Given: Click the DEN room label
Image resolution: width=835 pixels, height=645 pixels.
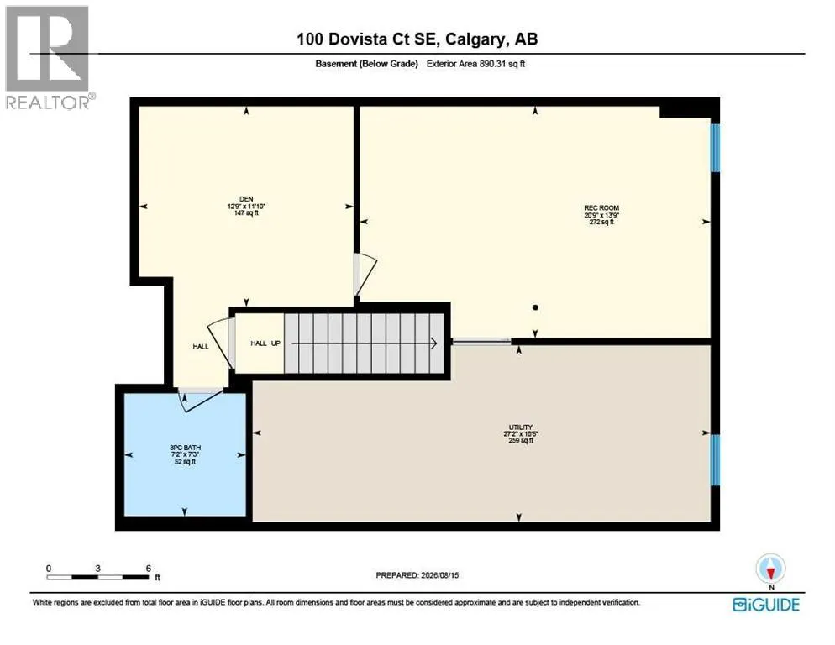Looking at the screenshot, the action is point(246,199).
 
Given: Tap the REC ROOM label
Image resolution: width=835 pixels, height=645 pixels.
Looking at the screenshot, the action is point(601,208).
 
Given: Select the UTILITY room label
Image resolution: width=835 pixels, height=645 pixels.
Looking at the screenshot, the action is point(520,427).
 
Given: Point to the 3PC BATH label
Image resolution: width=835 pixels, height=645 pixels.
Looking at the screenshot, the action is point(186,448).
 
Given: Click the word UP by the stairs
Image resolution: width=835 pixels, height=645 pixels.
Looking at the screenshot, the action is point(276,343).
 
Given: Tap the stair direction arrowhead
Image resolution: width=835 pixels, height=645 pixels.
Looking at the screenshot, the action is point(433,343).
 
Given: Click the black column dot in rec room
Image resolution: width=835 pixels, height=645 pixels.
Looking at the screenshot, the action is point(535,307).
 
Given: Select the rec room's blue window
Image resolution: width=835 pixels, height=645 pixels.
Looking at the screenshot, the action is point(715,148).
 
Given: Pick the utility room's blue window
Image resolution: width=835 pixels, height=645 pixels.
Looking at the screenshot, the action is point(715,459).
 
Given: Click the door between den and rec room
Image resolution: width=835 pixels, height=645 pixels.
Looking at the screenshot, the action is point(365,275).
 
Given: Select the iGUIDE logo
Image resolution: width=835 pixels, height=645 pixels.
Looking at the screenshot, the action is point(766,605).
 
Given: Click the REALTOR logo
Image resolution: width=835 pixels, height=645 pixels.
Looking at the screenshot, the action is point(49,57).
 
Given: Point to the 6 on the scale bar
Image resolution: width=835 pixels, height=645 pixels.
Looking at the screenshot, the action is point(148,569).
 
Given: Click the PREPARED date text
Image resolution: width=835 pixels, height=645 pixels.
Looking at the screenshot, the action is point(417,575).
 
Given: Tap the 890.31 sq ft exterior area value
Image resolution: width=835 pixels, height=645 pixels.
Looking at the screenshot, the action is point(502,63).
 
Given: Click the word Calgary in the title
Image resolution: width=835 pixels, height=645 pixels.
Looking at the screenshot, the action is point(475,39).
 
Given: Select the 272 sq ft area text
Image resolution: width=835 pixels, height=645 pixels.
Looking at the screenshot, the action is point(601,222).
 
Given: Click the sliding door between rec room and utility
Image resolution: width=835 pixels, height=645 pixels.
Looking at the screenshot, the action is point(481,342).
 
